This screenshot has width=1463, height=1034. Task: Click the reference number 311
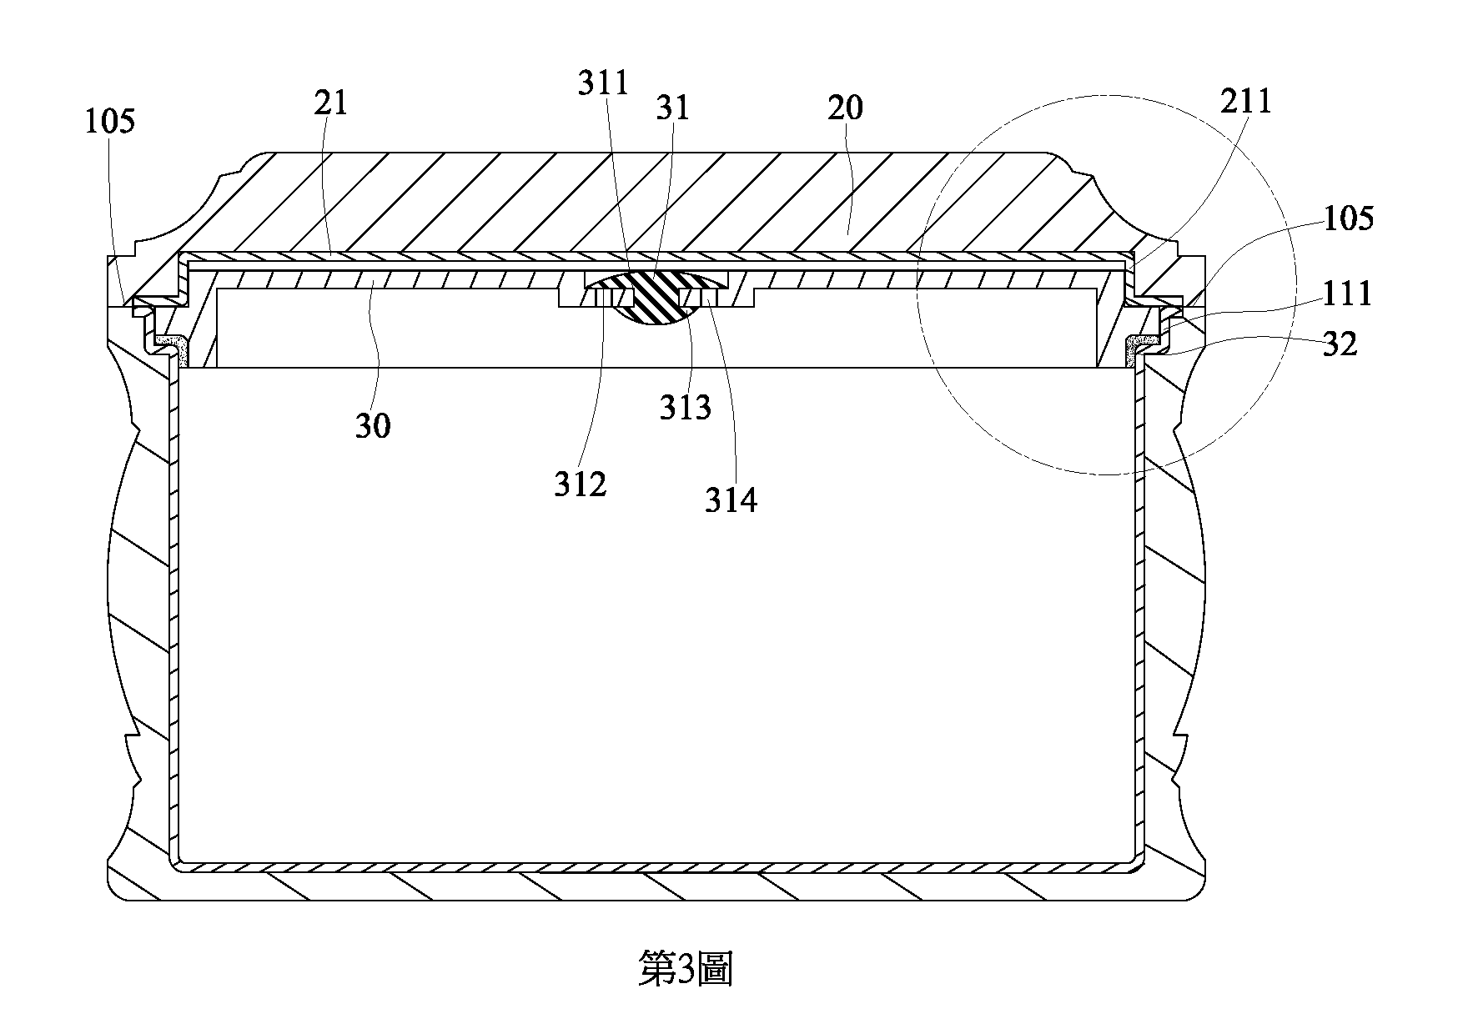point(603,83)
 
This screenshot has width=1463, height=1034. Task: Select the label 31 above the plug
point(673,108)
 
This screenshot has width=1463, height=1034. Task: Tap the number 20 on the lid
point(846,108)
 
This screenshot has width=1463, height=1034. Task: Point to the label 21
point(329,103)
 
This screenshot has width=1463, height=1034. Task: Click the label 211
point(1246,101)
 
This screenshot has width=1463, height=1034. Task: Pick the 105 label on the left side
point(110,122)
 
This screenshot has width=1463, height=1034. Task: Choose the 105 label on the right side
point(1348,218)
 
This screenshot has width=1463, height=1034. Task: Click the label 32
point(1340,344)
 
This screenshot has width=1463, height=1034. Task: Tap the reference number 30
point(373,426)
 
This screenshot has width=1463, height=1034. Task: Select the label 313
point(686,408)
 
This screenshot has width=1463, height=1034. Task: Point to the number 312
point(581,484)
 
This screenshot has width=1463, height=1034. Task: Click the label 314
point(731,500)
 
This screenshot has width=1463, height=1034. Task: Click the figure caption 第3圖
point(686,970)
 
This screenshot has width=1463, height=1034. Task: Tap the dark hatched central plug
point(656,299)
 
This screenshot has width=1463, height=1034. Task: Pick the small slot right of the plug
point(699,298)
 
